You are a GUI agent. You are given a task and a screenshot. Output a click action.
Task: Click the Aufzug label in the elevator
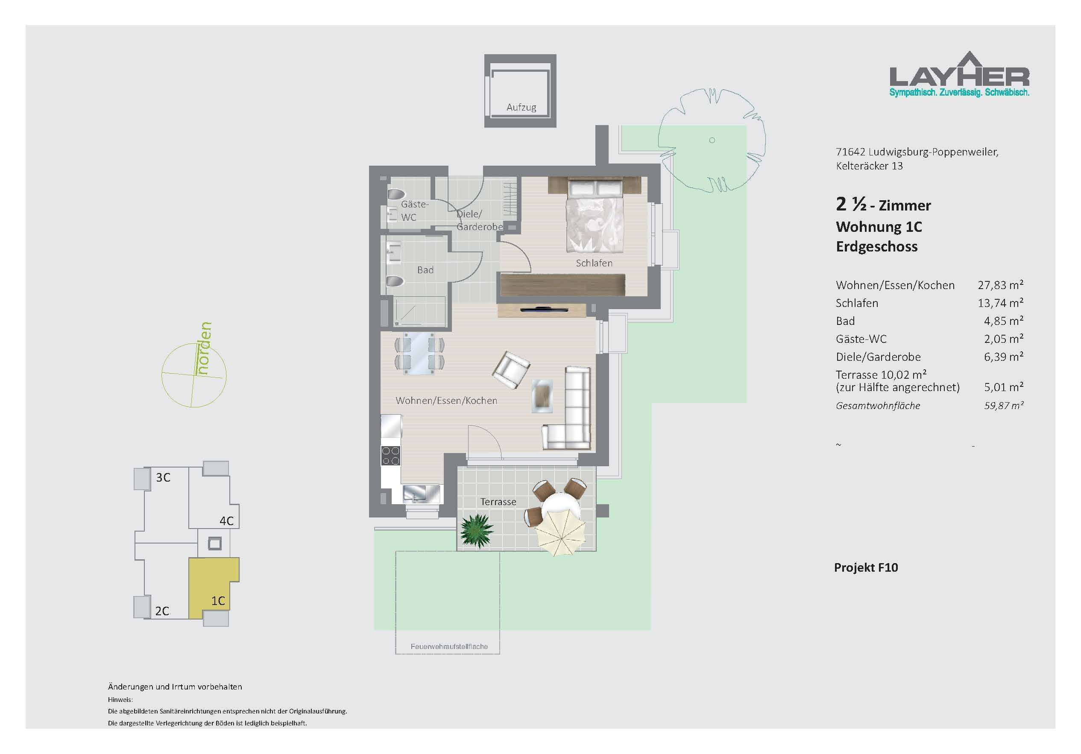click(x=521, y=107)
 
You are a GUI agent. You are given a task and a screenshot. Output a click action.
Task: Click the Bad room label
click(x=425, y=270)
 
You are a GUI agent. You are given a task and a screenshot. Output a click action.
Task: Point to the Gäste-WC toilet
click(x=396, y=194)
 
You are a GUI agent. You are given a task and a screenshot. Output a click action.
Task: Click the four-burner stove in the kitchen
click(x=391, y=455)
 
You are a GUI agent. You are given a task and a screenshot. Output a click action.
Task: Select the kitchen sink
click(x=422, y=494)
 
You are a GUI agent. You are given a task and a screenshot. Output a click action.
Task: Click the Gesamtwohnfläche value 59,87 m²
click(x=1003, y=406)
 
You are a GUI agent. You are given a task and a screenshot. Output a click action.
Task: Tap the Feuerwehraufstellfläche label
click(x=449, y=647)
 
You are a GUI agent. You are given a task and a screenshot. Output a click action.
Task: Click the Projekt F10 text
click(x=866, y=567)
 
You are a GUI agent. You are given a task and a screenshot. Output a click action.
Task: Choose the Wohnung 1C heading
click(x=879, y=227)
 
